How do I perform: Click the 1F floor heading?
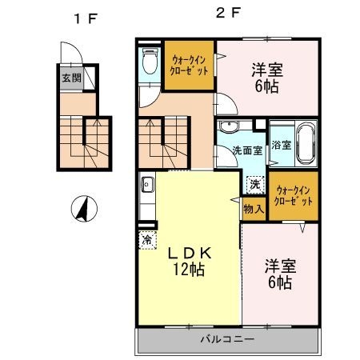click(86, 19)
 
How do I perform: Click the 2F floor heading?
click(228, 13)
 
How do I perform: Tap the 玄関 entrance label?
click(71, 78)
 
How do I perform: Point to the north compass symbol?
click(84, 209)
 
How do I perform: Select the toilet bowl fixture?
click(150, 61)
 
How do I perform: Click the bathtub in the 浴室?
click(306, 143)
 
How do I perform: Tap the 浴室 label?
click(281, 146)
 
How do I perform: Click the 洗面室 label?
click(247, 150)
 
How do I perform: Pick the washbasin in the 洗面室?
click(227, 126)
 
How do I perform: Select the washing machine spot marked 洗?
click(255, 185)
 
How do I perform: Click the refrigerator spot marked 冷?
click(147, 240)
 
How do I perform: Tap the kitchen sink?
click(147, 184)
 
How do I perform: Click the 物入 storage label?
click(254, 209)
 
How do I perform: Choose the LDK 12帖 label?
click(190, 261)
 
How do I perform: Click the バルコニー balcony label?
click(227, 339)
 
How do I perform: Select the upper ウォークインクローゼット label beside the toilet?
click(189, 66)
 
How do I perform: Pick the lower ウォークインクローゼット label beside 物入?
click(294, 196)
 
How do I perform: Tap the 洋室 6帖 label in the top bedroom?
click(267, 78)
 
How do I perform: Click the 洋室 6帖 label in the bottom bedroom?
click(280, 274)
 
